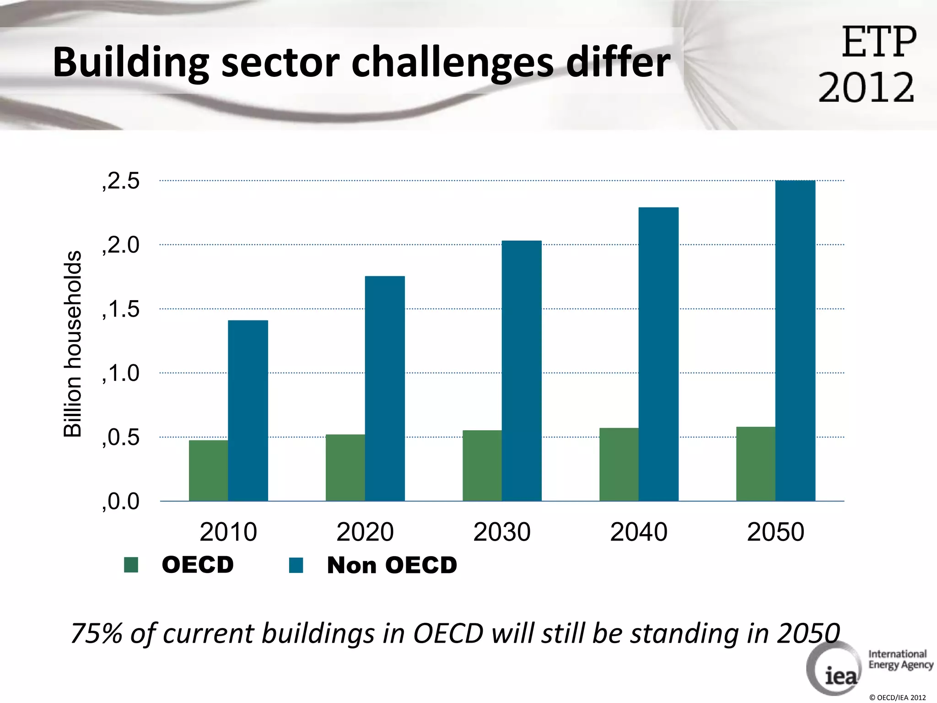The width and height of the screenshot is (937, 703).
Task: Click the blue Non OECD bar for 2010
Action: click(x=248, y=411)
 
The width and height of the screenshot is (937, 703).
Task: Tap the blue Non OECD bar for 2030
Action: click(x=522, y=371)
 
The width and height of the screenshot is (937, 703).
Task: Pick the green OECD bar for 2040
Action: click(x=619, y=464)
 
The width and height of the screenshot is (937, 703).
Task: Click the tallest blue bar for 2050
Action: click(x=795, y=341)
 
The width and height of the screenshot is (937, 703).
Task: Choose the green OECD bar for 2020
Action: click(x=345, y=467)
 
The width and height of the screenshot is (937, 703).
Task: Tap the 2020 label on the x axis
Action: click(x=365, y=532)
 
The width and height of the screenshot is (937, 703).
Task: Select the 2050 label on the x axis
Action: click(x=775, y=532)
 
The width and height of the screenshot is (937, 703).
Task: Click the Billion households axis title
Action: click(x=72, y=343)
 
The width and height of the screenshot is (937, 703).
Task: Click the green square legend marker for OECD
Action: click(x=131, y=565)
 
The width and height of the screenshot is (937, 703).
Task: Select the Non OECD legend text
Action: click(x=392, y=565)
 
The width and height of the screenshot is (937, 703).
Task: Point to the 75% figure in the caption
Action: click(x=96, y=633)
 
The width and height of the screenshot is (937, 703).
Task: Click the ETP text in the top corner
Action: click(x=879, y=42)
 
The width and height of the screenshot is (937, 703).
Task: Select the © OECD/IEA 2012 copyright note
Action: click(x=897, y=698)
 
